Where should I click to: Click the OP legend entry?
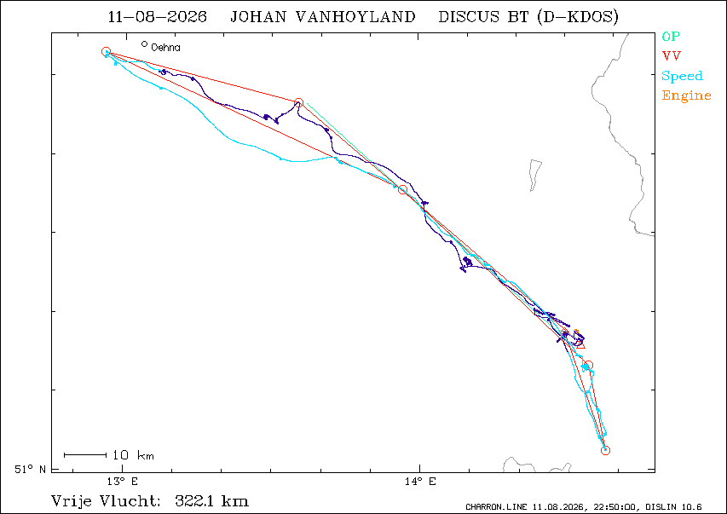pos(671,36)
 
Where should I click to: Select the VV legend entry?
pos(672,56)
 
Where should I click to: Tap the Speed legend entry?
pos(682,76)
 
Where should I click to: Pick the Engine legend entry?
pos(686,95)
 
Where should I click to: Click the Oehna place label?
pos(165,48)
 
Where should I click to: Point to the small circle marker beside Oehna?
pos(145,44)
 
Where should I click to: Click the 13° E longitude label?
pos(123,481)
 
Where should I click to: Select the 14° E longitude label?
pos(420,481)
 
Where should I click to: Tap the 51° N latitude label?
pos(30,469)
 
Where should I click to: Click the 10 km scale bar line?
pos(85,455)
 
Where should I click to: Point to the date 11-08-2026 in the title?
pos(157,17)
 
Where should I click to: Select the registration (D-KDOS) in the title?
pos(577,17)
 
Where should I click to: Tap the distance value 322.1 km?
pos(212,501)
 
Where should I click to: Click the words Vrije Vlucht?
pos(106,501)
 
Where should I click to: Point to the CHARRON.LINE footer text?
pos(496,507)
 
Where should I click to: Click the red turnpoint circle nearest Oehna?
pos(106,51)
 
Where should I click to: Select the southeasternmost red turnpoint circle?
pos(605,450)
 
